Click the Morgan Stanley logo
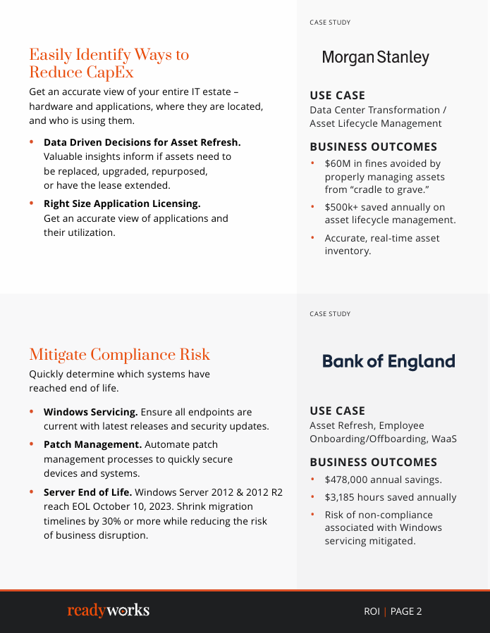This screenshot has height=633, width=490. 375,58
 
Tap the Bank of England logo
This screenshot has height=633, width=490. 388,362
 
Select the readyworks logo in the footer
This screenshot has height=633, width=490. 109,610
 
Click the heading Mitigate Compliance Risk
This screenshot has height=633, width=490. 119,355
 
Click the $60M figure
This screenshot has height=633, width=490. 338,163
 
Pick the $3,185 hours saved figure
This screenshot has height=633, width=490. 343,497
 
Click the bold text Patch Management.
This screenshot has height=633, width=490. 92,444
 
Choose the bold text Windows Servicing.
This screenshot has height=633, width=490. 90,412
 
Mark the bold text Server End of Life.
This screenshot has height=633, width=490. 87,492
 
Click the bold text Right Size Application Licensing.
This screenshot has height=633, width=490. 122,203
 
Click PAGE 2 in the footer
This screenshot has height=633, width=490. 406,611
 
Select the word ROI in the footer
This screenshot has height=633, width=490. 372,611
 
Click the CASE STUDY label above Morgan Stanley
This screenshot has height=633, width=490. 330,23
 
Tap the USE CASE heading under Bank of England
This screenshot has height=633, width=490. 337,410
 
